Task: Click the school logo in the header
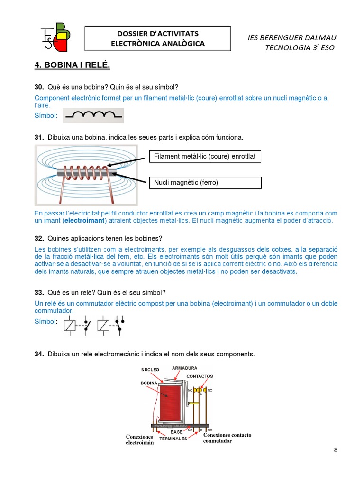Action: pyautogui.click(x=55, y=37)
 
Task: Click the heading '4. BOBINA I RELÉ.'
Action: pyautogui.click(x=72, y=65)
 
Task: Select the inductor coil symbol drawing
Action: pyautogui.click(x=93, y=115)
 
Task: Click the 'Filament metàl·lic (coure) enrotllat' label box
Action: pyautogui.click(x=205, y=156)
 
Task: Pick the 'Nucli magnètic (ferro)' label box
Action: pyautogui.click(x=205, y=182)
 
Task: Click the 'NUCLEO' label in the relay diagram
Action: pyautogui.click(x=150, y=369)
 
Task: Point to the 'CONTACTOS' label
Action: pyautogui.click(x=200, y=376)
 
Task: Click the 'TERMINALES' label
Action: pyautogui.click(x=173, y=439)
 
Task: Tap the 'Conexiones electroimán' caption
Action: pyautogui.click(x=140, y=439)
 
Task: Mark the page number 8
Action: pyautogui.click(x=336, y=450)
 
